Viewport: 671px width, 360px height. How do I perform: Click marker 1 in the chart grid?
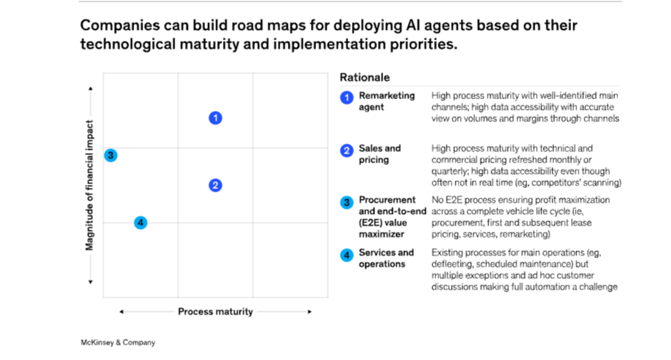pyautogui.click(x=215, y=118)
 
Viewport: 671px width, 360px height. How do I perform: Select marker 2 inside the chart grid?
pyautogui.click(x=215, y=186)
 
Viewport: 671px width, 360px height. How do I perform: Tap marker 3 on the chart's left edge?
pyautogui.click(x=110, y=156)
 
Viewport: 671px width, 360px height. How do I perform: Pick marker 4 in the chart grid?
pyautogui.click(x=140, y=222)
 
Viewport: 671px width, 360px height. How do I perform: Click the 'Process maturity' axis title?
pyautogui.click(x=215, y=312)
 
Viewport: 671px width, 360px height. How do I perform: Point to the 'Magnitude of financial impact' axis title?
pyautogui.click(x=89, y=185)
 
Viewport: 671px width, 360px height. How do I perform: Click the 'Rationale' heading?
pyautogui.click(x=365, y=78)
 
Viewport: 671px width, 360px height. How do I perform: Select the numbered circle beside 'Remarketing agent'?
pyautogui.click(x=347, y=98)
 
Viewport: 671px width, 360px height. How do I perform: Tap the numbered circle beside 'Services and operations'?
pyautogui.click(x=347, y=255)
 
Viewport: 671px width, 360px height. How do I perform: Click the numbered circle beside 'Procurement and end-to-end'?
pyautogui.click(x=347, y=203)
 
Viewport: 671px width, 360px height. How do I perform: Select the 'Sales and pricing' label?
pyautogui.click(x=379, y=154)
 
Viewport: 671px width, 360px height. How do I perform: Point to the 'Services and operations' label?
pyautogui.click(x=385, y=258)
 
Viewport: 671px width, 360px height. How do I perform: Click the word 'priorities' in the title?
pyautogui.click(x=422, y=44)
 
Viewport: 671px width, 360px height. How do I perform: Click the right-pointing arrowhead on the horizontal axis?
pyautogui.click(x=310, y=312)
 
